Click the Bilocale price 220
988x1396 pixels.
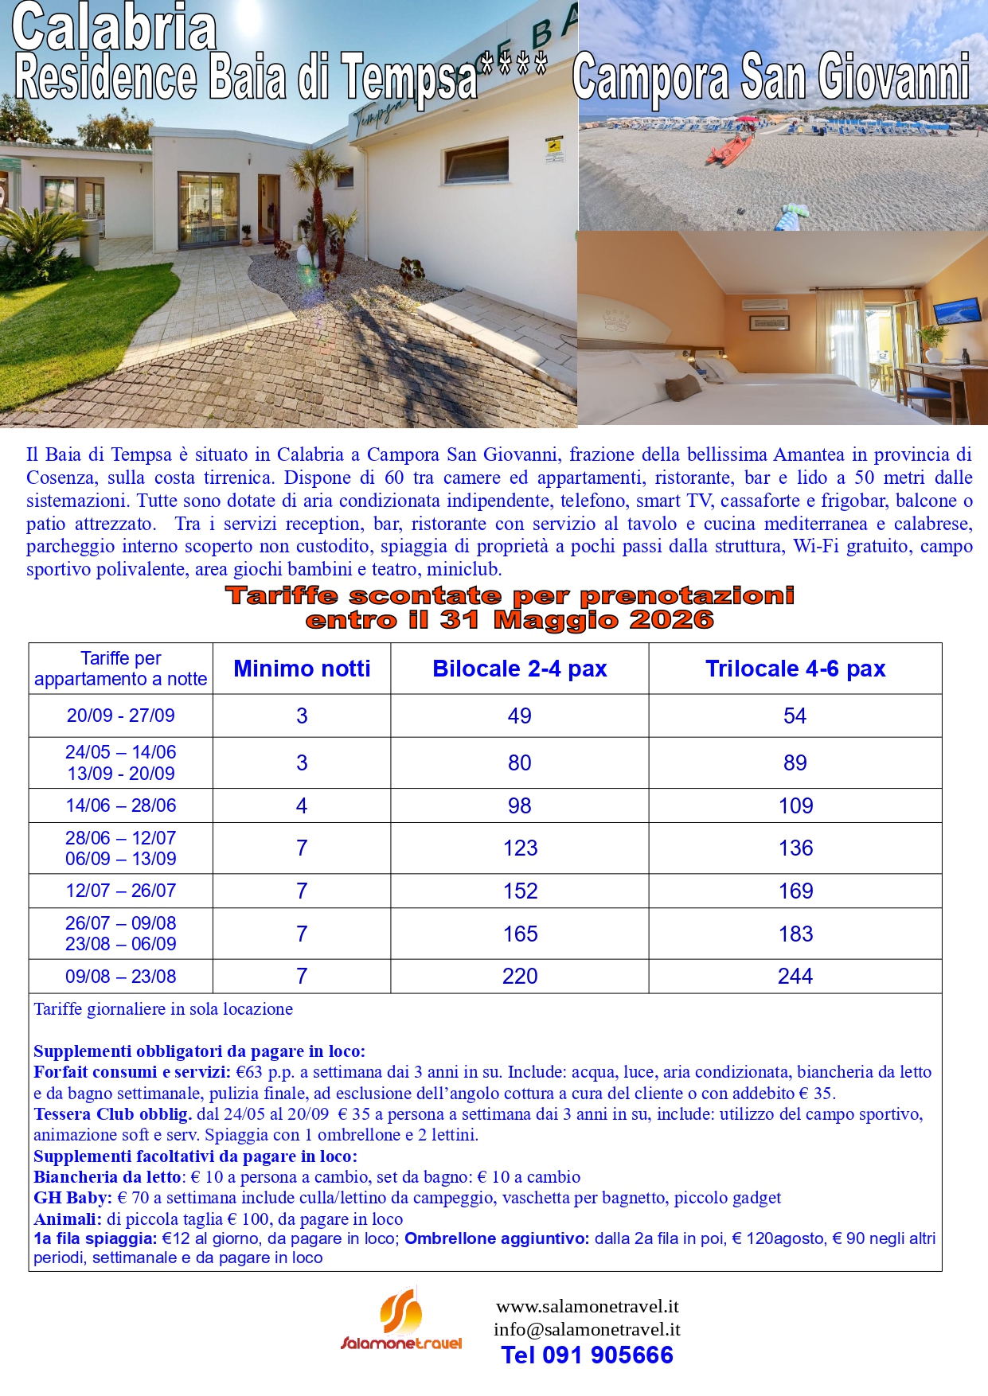click(520, 976)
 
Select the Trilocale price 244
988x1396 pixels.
click(795, 976)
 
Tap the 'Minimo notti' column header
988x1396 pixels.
click(302, 669)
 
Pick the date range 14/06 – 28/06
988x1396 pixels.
click(121, 805)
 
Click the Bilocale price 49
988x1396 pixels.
click(520, 716)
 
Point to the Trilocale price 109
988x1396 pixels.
click(795, 805)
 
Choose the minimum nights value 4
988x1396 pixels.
click(302, 805)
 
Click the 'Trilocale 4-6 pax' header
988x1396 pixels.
click(795, 669)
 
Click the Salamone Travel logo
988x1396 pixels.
click(401, 1321)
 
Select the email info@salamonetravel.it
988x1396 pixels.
click(587, 1329)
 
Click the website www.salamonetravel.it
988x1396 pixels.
click(587, 1306)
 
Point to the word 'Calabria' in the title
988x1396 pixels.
click(115, 28)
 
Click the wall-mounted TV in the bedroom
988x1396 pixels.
click(957, 310)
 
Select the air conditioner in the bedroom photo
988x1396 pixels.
click(763, 304)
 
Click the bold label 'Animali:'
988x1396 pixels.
click(68, 1219)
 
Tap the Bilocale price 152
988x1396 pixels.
click(520, 891)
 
